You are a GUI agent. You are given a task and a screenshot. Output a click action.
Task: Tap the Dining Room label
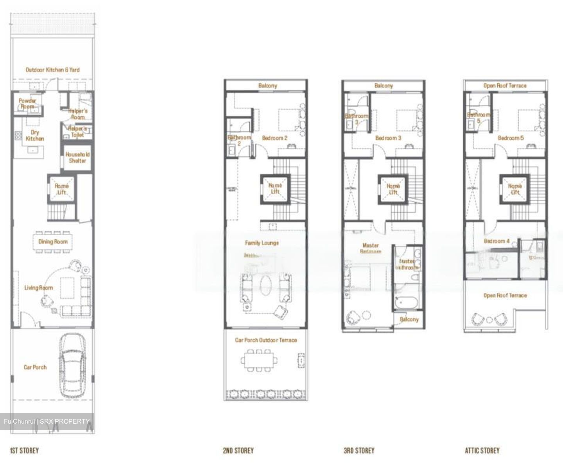(53, 242)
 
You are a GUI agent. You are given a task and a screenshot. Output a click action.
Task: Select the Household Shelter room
(77, 158)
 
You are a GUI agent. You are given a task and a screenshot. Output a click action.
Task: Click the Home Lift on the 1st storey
(61, 189)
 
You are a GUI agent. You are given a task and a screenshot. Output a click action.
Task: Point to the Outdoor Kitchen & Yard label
(52, 70)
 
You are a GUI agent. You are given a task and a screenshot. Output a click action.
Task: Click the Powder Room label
(27, 104)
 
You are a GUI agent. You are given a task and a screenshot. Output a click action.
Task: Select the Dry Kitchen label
(35, 135)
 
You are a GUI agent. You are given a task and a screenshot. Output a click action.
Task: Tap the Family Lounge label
(262, 243)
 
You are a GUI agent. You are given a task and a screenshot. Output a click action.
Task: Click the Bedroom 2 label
(274, 138)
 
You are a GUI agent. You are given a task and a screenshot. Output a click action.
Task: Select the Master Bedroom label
(370, 248)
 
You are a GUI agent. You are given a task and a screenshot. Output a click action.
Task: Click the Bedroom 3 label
(388, 138)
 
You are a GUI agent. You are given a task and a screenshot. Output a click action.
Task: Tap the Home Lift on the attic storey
(515, 189)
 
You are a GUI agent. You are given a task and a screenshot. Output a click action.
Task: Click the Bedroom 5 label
(511, 138)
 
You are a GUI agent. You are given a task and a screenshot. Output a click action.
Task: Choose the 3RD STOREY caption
(359, 451)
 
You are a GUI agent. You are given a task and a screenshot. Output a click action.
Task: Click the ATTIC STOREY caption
(482, 451)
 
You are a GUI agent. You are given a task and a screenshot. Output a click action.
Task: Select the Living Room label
(38, 288)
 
